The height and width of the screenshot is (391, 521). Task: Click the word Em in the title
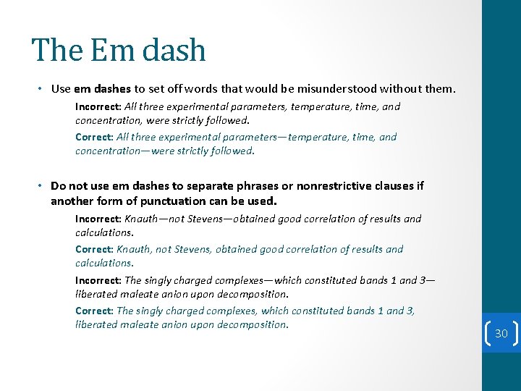[108, 51]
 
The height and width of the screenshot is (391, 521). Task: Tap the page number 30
[501, 334]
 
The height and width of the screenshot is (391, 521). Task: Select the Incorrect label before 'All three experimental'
[98, 106]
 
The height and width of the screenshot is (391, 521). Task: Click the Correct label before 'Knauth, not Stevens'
[94, 249]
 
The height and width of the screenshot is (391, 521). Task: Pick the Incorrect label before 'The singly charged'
[98, 280]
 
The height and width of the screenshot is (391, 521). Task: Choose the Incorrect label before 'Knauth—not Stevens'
[98, 219]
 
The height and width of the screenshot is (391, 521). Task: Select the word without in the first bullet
[401, 90]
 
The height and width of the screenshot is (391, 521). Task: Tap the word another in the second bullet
[72, 201]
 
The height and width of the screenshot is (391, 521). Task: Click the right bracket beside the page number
[515, 334]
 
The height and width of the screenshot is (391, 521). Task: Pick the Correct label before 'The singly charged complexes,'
[94, 311]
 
